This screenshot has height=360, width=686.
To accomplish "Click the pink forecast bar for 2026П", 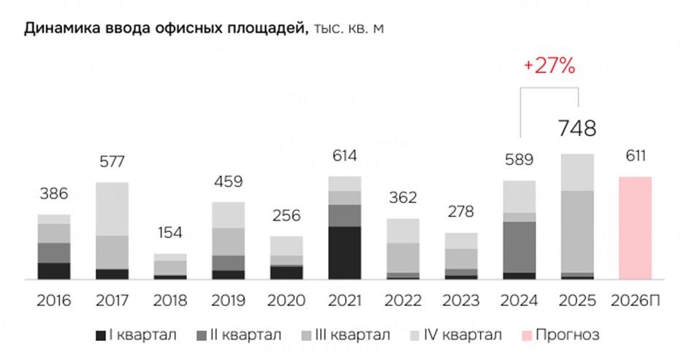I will [635, 228].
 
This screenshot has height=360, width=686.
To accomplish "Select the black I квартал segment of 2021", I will [345, 253].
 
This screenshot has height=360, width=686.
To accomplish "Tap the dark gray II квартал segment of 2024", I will [519, 247].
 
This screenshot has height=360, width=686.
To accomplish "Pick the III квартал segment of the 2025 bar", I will [577, 231].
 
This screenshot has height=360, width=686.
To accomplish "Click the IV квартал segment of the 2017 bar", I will [112, 209].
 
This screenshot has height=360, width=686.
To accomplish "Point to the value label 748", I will [577, 129].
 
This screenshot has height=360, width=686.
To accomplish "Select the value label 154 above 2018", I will [170, 234].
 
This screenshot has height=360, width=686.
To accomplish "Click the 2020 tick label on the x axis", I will [286, 300].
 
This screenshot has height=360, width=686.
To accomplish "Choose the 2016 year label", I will [53, 300].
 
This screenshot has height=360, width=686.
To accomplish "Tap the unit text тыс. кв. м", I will [348, 29].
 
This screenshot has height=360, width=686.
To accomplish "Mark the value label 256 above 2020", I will [286, 216].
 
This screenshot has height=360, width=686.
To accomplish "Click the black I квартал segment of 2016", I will [53, 271].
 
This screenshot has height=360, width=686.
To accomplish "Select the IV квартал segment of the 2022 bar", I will [403, 231].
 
